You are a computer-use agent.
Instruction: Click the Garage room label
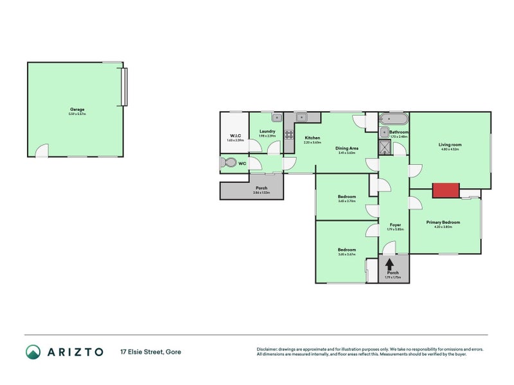pyautogui.click(x=77, y=109)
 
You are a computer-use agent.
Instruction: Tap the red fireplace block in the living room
pyautogui.click(x=446, y=190)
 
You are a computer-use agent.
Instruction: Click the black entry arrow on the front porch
pyautogui.click(x=389, y=264)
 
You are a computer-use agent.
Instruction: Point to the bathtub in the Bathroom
pyautogui.click(x=392, y=119)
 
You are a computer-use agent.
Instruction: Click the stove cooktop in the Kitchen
pyautogui.click(x=289, y=135)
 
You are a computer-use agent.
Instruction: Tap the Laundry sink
pyautogui.click(x=276, y=117)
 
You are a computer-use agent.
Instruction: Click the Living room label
pyautogui.click(x=450, y=145)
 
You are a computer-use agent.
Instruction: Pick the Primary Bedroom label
pyautogui.click(x=443, y=222)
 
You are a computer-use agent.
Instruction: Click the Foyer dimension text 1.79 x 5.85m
pyautogui.click(x=396, y=230)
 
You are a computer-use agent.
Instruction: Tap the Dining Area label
pyautogui.click(x=347, y=148)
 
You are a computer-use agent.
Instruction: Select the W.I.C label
pyautogui.click(x=235, y=135)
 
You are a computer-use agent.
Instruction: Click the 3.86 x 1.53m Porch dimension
pyautogui.click(x=261, y=193)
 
